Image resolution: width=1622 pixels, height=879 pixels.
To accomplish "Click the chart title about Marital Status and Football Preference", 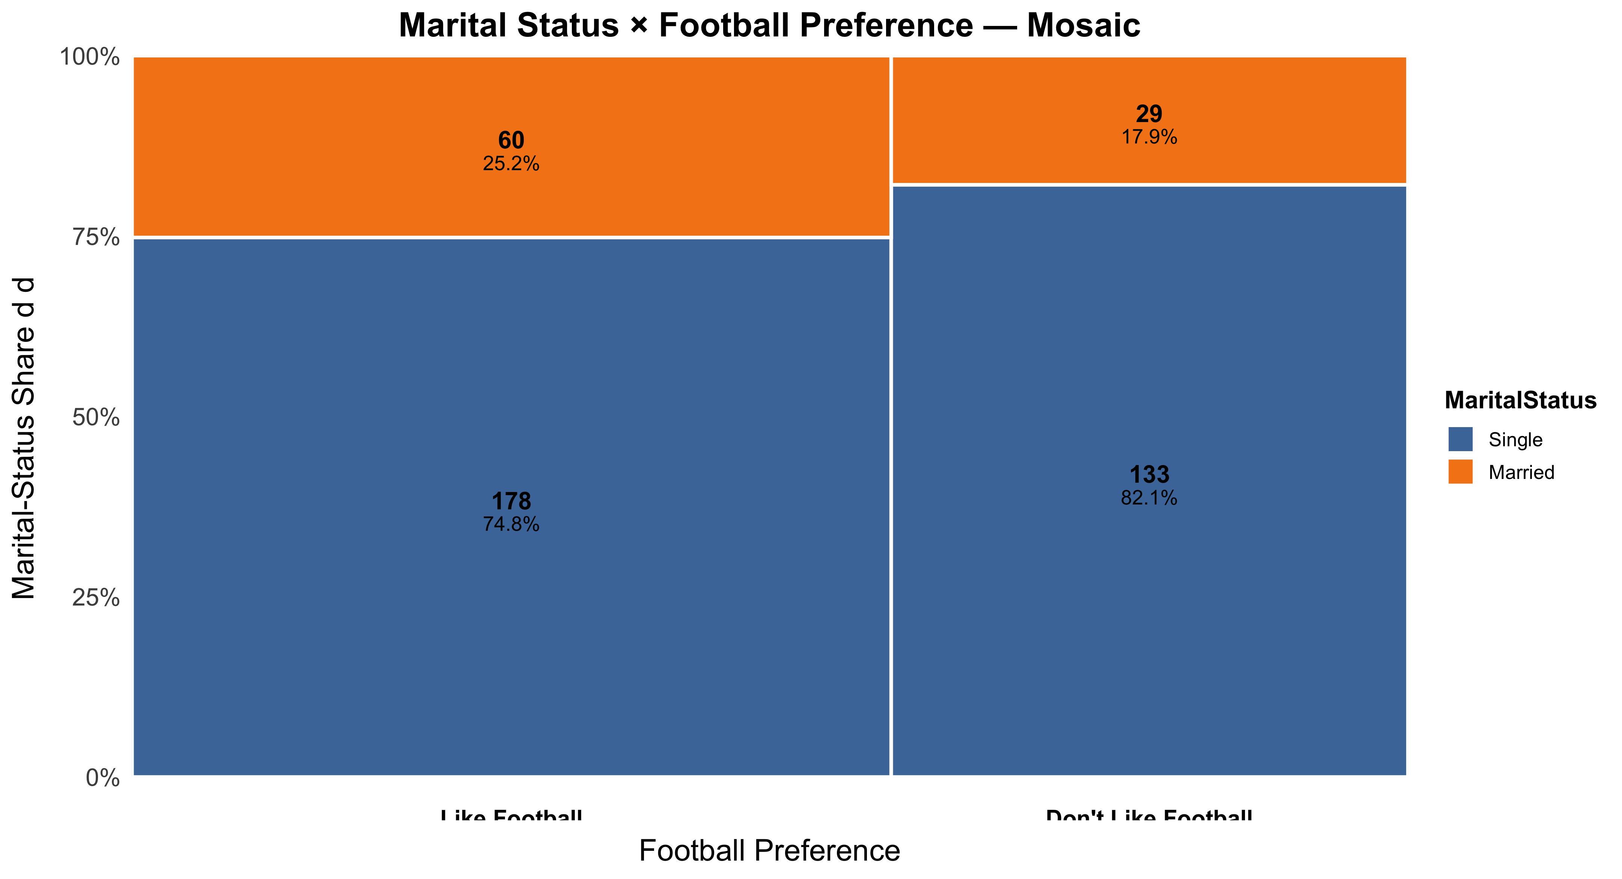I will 769,26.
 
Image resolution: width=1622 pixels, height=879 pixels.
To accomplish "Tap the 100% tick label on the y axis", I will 89,57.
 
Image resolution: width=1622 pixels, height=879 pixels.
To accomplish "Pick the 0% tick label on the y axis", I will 103,778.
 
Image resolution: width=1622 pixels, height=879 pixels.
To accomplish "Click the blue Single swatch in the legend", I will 1460,439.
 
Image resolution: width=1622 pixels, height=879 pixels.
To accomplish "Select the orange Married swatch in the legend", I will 1460,472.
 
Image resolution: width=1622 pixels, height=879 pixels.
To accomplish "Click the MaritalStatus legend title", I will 1520,401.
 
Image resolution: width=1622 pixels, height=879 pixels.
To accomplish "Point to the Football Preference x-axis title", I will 769,851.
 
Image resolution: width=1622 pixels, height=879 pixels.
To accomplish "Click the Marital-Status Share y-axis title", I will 24,438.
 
